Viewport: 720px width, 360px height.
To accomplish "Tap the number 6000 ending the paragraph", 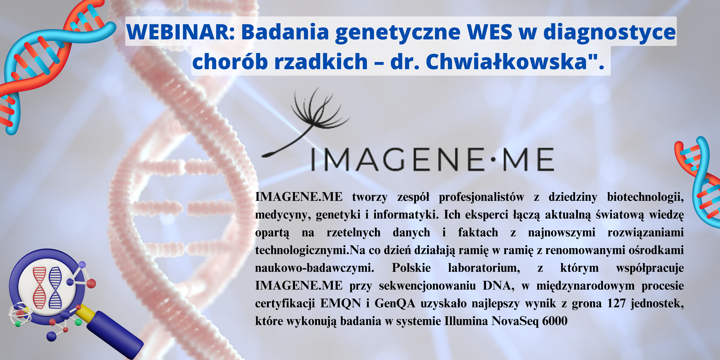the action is pos(555,321).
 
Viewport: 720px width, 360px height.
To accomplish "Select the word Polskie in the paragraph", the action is pos(411,268).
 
